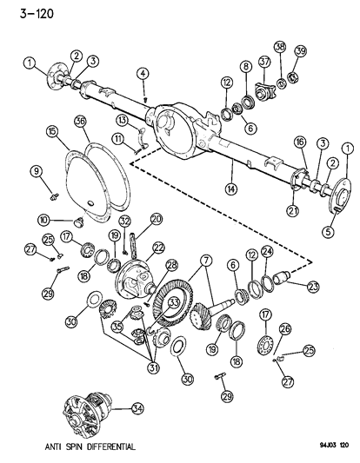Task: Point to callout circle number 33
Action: (175, 302)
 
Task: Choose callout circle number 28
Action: (171, 264)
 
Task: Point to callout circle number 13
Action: (123, 119)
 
